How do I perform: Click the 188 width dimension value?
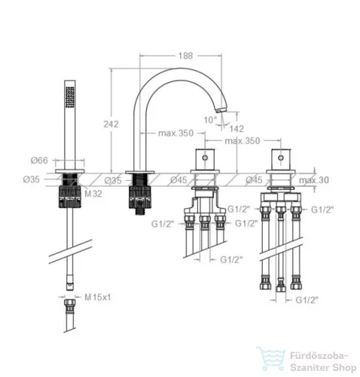[185, 56]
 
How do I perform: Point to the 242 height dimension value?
[111, 124]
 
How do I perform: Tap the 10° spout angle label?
[210, 120]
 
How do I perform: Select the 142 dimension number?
[236, 129]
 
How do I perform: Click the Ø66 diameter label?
[39, 160]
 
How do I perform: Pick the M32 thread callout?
[93, 194]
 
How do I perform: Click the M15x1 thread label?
[97, 297]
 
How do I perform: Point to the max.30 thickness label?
[314, 180]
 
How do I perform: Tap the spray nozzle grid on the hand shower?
[70, 97]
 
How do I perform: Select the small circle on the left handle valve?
[205, 158]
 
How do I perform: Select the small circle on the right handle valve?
[281, 158]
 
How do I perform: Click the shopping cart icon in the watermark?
[270, 359]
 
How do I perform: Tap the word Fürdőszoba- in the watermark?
[319, 356]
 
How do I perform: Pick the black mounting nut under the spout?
[140, 198]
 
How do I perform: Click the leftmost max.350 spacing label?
[175, 133]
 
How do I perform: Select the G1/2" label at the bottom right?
[307, 300]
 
